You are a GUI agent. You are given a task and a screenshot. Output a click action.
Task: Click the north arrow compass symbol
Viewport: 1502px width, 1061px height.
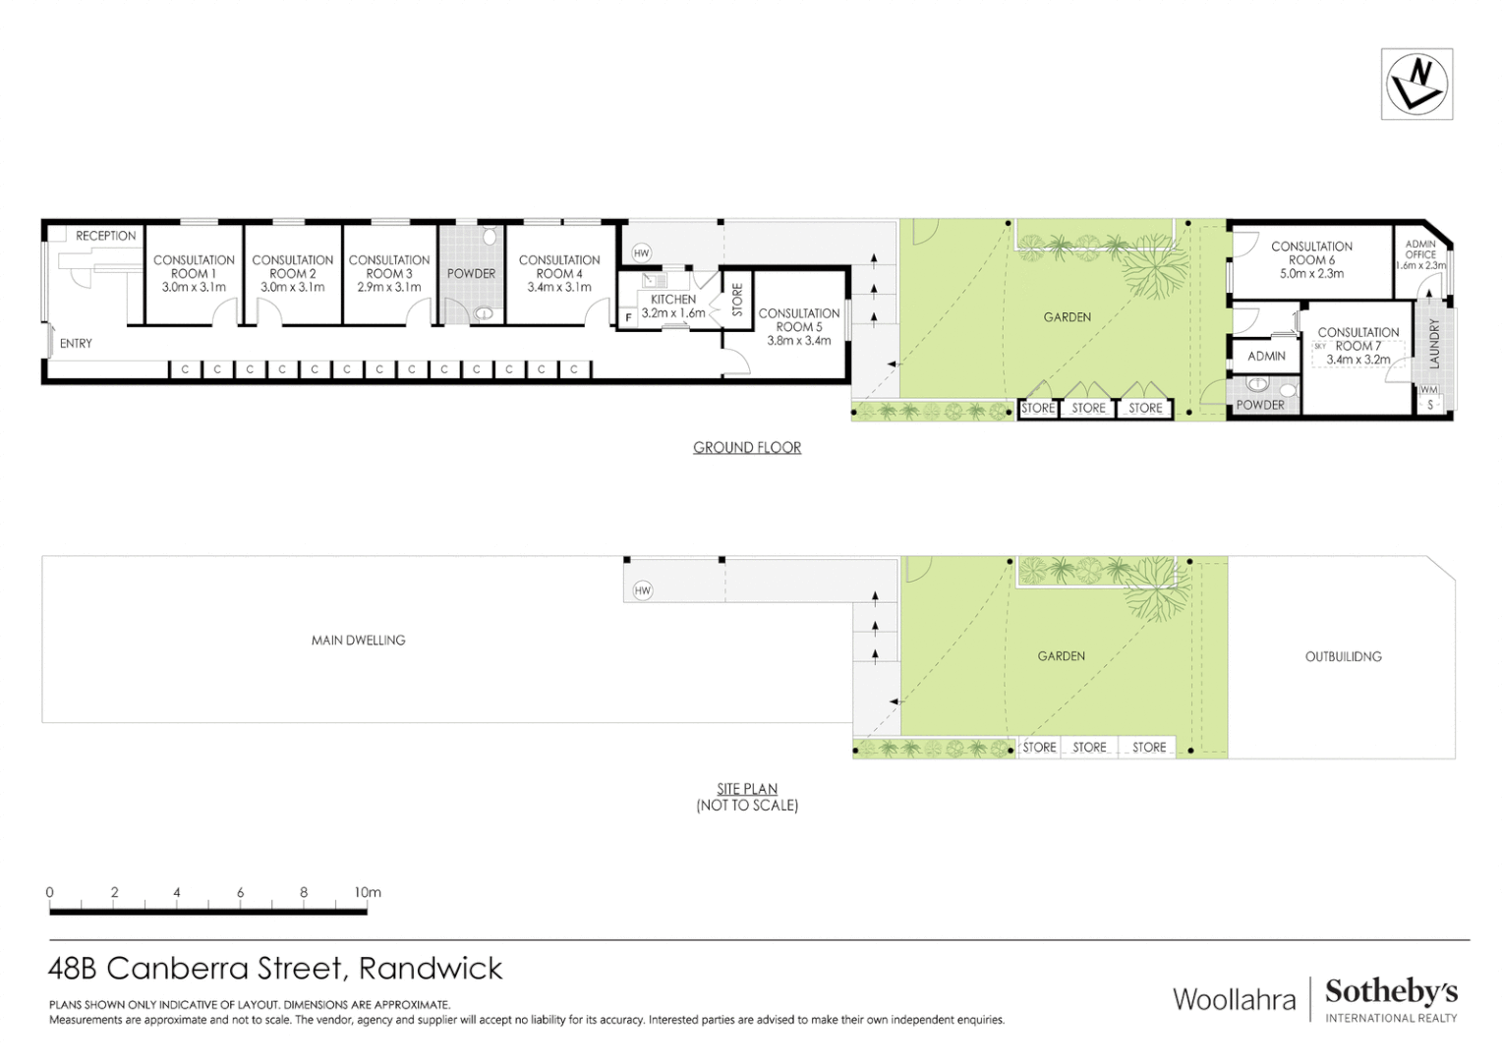coord(1416,84)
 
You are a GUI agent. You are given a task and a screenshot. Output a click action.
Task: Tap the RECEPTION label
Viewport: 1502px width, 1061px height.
coord(106,236)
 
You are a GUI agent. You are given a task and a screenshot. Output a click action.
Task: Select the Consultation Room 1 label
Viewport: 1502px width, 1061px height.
coord(194,266)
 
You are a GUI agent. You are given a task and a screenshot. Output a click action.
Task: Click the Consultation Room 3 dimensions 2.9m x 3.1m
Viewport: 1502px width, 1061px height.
coord(389,288)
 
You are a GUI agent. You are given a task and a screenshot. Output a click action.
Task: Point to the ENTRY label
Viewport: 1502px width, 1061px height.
coord(76,344)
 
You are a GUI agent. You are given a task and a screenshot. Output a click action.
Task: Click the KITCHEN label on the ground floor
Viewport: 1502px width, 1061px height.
coord(673,300)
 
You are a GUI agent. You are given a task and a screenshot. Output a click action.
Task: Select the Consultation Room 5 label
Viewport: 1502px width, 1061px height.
coord(798,320)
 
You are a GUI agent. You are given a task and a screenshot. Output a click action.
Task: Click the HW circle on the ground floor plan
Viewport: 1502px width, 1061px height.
coord(642,253)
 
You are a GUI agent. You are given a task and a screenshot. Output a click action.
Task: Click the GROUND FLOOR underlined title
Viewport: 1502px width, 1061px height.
coord(747,448)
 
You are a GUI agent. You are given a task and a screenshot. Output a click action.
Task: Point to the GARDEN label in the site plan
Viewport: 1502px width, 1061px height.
coord(1062,656)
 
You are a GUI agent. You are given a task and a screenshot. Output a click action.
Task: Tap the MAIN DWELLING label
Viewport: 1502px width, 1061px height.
coord(358,641)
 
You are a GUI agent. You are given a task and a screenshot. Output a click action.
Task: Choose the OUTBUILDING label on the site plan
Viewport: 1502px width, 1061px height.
coord(1343,656)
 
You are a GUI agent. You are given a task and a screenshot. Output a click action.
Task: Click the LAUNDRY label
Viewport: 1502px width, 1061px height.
coord(1434,343)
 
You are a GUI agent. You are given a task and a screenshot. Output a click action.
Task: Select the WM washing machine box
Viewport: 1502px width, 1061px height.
coord(1428,390)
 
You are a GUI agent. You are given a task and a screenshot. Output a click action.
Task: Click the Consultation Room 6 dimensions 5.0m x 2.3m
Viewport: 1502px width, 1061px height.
coord(1311,274)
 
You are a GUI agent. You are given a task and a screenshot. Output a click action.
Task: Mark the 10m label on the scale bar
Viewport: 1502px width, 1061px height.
coord(368,893)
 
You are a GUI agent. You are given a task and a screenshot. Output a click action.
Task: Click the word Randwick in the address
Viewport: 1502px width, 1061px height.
coord(431,969)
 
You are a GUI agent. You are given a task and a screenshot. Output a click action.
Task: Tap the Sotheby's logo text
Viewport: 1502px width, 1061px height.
coord(1391,991)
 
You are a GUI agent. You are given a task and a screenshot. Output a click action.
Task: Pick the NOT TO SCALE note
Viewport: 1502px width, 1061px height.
coord(747,806)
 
